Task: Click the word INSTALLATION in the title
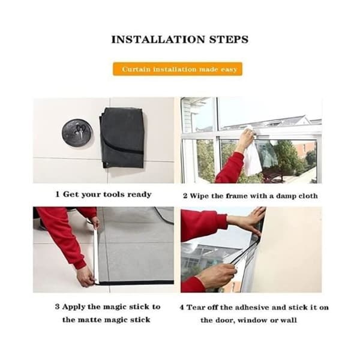pos(158,40)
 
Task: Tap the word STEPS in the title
pos(229,40)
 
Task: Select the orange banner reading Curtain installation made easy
pos(178,69)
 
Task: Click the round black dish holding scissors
pos(77,133)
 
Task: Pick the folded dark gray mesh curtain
pos(122,138)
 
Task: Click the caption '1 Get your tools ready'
pos(103,194)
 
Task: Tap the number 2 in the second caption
pos(185,196)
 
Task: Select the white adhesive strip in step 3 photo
pos(95,255)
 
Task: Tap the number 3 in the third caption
pos(57,307)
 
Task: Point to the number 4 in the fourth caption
pos(182,307)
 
